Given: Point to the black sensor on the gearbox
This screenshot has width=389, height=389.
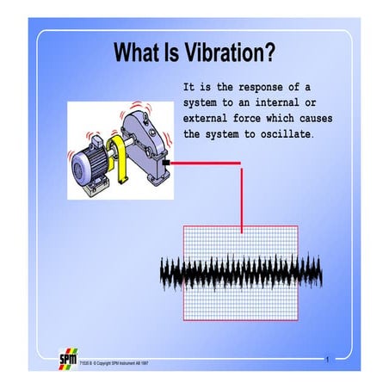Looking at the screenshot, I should pyautogui.click(x=164, y=161).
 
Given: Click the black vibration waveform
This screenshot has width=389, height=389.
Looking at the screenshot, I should pyautogui.click(x=241, y=274).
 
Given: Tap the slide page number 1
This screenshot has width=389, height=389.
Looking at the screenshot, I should pyautogui.click(x=328, y=356).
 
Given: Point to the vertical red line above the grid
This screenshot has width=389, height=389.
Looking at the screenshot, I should pyautogui.click(x=241, y=198).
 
